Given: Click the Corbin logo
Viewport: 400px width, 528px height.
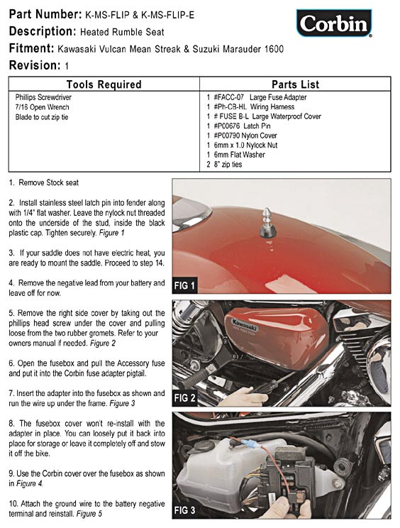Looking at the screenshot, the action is click(334, 23).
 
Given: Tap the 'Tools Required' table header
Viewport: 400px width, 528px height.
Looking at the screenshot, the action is click(104, 84).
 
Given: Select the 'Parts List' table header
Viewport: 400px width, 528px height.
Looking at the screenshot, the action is click(295, 84).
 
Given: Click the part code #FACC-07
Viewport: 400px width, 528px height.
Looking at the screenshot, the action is click(229, 97).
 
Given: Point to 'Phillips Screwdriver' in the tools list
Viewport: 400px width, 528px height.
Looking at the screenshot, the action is click(43, 97).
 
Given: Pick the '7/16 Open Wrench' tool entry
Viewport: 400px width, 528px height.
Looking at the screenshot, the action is click(42, 107).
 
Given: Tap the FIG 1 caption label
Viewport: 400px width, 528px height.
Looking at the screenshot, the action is click(184, 286).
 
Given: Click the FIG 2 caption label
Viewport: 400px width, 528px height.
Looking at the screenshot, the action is click(184, 398).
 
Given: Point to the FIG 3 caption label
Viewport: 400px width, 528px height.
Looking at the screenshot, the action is click(184, 510).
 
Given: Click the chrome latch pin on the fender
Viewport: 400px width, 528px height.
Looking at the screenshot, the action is click(267, 222).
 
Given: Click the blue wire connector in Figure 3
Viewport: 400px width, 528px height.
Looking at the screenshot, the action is click(252, 444).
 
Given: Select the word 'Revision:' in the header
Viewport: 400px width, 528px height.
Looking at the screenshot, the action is click(35, 65).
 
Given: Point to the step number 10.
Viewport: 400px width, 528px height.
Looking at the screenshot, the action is click(13, 504).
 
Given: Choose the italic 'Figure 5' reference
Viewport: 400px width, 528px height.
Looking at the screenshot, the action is click(89, 514).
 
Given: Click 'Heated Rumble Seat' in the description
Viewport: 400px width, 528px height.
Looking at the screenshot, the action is click(122, 32).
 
